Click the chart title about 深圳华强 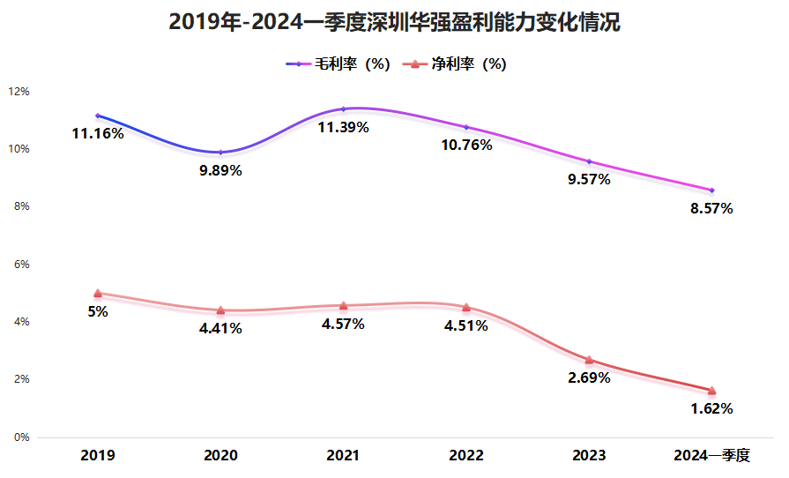(x=394, y=22)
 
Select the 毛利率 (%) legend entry (x=339, y=64)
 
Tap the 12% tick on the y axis (x=19, y=92)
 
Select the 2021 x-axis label (x=343, y=456)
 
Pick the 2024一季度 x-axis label (x=711, y=456)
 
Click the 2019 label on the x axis (x=97, y=456)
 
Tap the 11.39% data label (x=343, y=128)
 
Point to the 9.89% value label (x=220, y=171)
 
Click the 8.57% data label (x=711, y=209)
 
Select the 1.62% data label (x=711, y=409)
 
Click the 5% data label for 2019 (x=97, y=311)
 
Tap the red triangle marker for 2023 (x=589, y=360)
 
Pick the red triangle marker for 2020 (x=220, y=310)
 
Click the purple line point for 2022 (x=466, y=127)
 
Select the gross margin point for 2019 (x=97, y=116)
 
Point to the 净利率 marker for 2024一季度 (x=711, y=391)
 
